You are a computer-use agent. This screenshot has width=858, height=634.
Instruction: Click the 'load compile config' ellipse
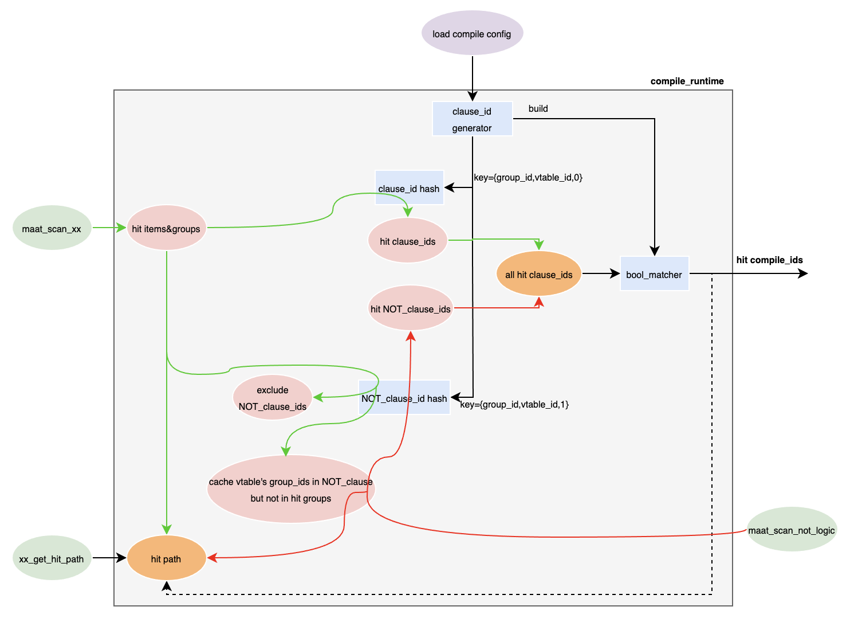472,33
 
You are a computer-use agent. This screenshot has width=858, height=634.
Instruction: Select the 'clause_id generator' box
472,119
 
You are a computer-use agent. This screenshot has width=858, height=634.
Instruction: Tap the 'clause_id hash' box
409,188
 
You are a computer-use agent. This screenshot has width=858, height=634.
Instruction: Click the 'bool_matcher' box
654,274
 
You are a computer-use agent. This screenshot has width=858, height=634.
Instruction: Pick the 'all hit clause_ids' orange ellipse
538,274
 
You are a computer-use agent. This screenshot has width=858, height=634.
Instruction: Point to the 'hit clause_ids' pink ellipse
407,241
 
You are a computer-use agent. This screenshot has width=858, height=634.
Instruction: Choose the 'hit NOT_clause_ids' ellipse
410,308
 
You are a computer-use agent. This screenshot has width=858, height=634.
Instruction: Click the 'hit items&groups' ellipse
166,228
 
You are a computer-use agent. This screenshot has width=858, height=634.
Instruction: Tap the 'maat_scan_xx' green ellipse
52,228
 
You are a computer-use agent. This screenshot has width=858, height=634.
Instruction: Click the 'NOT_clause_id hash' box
404,398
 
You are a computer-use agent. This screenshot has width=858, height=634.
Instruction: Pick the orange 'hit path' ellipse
166,558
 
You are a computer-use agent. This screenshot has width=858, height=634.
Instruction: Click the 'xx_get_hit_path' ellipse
52,558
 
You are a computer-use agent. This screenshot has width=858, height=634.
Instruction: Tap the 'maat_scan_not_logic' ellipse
792,530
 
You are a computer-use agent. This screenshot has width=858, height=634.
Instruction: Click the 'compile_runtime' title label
687,81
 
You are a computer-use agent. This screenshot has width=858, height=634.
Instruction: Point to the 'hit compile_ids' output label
769,260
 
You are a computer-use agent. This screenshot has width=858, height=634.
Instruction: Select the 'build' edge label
538,108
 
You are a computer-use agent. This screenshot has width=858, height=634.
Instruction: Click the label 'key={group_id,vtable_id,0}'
528,177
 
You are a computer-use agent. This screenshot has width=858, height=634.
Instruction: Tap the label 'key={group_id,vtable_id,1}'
514,404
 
